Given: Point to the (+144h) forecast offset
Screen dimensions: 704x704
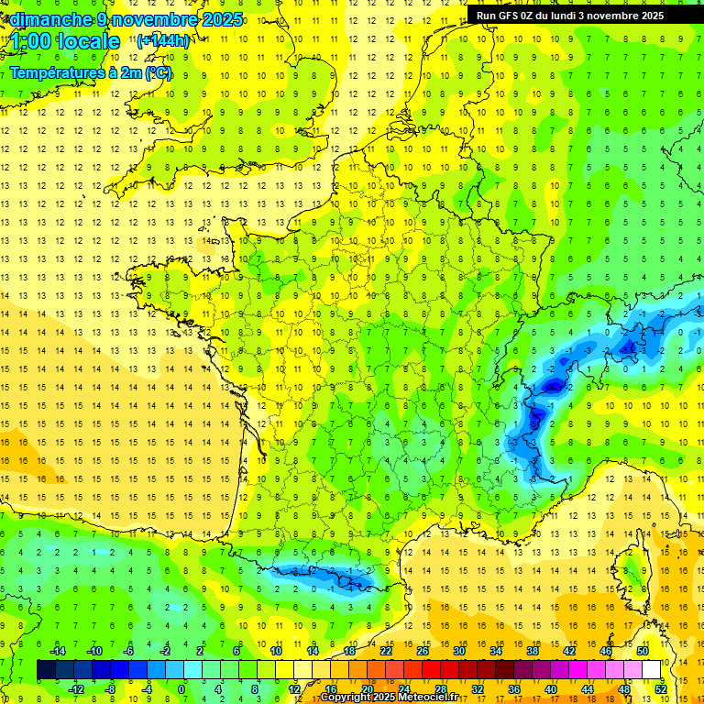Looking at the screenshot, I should tap(162, 41).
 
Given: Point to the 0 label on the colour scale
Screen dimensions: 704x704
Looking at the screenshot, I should tap(181, 688).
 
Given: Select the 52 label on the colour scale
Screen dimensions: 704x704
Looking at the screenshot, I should tap(660, 688).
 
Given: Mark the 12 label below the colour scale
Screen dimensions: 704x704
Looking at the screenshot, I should tap(293, 688).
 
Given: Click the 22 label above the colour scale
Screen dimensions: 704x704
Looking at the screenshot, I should tap(386, 651).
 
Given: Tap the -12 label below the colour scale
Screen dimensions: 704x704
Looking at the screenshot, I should tap(75, 688).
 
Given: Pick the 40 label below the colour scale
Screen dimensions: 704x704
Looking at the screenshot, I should tap(551, 688).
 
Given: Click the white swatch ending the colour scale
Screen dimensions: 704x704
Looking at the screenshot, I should tap(652, 670).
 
